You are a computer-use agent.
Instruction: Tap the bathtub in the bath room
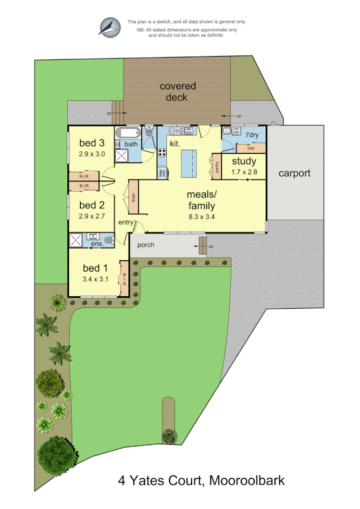click(128, 133)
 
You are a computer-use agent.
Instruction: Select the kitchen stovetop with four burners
click(162, 153)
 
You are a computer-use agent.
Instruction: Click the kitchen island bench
click(189, 164)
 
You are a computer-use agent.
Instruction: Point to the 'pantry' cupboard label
click(217, 167)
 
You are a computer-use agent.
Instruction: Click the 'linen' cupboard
click(133, 197)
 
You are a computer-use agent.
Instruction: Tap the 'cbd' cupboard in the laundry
click(250, 148)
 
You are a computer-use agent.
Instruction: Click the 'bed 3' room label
click(91, 143)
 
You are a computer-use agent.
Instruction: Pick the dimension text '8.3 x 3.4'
click(202, 217)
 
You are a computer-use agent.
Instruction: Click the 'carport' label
click(295, 173)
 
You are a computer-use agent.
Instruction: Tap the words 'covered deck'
click(177, 92)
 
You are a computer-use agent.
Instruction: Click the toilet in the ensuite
click(109, 240)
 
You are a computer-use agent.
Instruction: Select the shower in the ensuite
click(76, 240)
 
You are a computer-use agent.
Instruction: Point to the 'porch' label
click(146, 245)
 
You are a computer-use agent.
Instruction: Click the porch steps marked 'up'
click(203, 246)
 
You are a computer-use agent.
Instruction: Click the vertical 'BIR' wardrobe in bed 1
click(124, 279)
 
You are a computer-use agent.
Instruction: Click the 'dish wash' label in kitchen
click(188, 130)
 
